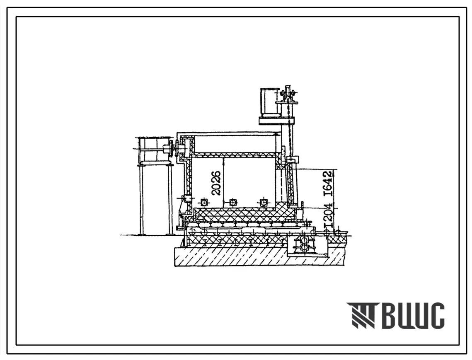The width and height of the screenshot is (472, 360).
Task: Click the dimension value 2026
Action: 216,183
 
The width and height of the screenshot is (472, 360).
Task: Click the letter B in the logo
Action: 390,316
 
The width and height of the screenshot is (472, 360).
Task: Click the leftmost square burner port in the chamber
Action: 204,202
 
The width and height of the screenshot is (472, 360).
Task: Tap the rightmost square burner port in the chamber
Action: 264,202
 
